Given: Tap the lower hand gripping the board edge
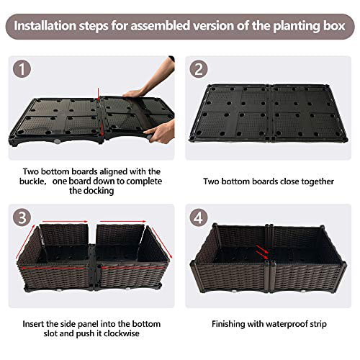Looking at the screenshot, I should point(161,132).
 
